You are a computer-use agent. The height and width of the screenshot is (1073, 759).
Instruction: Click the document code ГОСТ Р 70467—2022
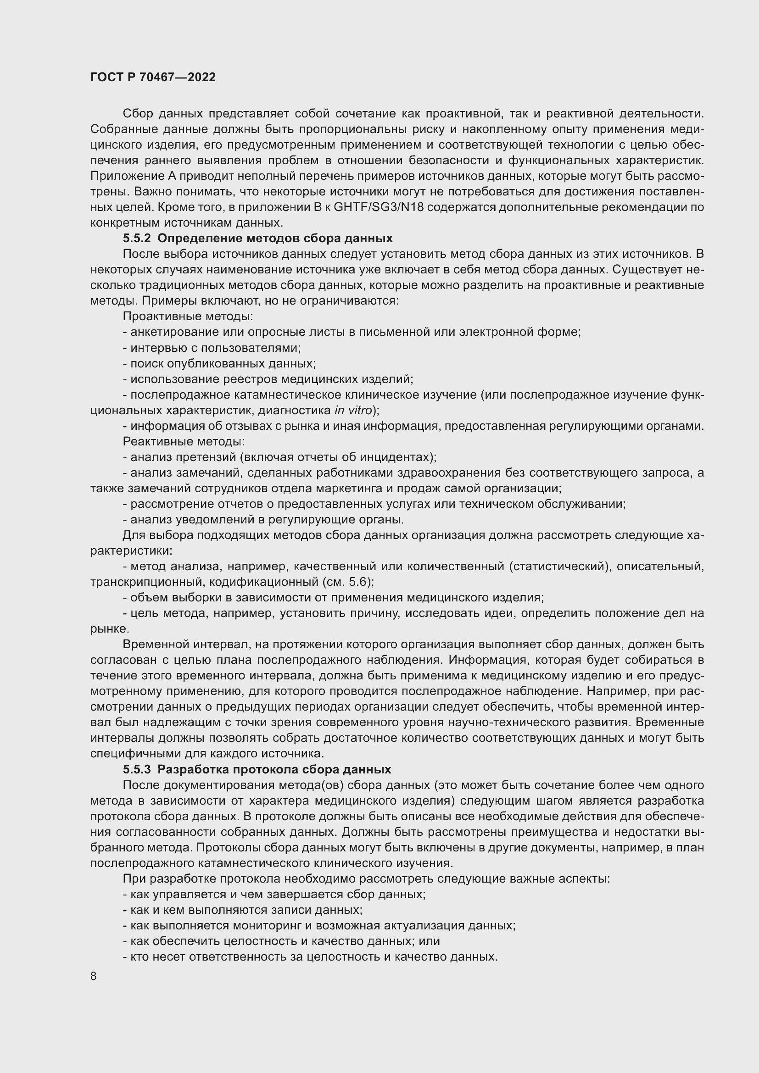point(153,78)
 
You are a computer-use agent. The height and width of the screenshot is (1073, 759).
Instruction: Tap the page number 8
point(94,976)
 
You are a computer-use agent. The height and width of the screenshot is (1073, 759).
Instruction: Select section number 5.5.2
point(136,239)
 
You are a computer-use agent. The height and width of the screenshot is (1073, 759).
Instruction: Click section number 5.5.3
point(136,769)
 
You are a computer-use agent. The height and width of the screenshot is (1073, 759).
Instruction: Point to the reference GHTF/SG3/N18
point(379,207)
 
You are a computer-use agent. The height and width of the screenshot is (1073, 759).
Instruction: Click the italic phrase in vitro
point(353,410)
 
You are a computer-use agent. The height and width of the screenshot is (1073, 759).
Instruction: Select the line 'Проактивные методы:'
point(187,317)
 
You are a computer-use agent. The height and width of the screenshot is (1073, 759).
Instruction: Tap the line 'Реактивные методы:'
point(184,441)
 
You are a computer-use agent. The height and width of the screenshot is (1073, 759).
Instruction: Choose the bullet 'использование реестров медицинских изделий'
point(268,379)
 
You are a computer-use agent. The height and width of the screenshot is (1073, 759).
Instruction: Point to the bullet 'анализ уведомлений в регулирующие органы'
point(263,520)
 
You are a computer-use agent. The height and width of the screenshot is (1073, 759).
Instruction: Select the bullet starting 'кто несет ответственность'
point(310,956)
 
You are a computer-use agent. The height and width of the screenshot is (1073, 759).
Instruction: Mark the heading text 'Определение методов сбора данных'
point(275,239)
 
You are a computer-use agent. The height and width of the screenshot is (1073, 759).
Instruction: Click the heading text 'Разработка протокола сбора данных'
point(274,769)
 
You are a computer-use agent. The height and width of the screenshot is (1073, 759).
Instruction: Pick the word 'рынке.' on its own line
point(103,628)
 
